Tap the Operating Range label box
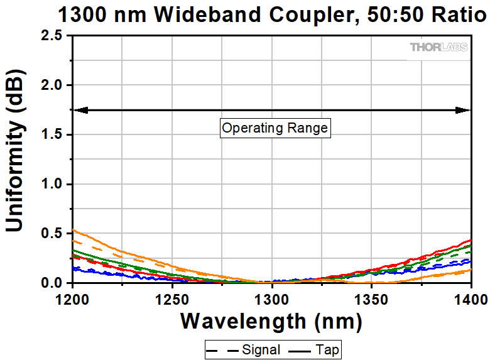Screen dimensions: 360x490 tap(275, 128)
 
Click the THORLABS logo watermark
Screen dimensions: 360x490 tap(438, 47)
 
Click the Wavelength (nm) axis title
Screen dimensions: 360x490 tap(271, 322)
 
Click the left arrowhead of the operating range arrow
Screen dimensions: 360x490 tap(79, 110)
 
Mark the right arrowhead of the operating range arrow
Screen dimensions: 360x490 tap(465, 110)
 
